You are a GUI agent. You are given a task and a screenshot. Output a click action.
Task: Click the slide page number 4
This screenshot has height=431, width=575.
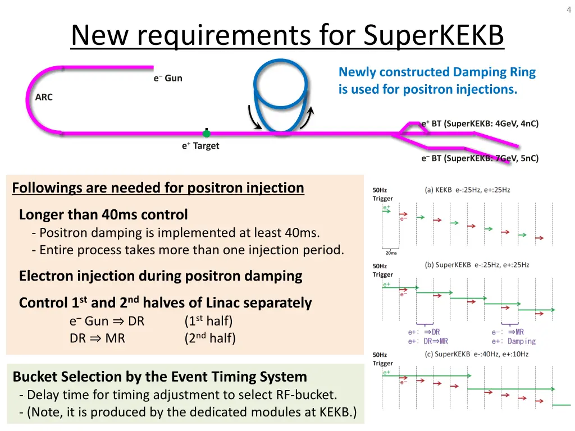[568, 8]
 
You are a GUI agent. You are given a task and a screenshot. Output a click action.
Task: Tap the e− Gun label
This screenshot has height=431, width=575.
[168, 78]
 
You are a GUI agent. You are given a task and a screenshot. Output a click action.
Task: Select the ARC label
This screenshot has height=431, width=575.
[44, 97]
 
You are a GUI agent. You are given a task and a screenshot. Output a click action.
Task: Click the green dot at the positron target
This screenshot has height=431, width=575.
[207, 134]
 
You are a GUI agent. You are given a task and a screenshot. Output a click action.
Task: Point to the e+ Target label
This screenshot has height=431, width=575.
[200, 146]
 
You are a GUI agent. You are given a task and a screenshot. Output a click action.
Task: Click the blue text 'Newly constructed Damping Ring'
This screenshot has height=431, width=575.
[437, 72]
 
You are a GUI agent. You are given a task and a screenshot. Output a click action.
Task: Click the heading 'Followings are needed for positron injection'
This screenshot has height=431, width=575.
[158, 188]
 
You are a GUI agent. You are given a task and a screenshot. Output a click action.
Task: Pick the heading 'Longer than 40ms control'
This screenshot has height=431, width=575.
[103, 215]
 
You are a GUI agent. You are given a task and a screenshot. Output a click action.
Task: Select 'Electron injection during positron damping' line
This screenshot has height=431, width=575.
[161, 276]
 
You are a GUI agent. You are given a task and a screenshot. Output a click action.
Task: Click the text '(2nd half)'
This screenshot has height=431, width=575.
[210, 338]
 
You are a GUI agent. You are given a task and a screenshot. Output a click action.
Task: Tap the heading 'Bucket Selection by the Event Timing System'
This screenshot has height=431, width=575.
[160, 377]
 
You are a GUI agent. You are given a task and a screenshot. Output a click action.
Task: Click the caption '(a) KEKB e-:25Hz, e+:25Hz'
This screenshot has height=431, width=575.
[467, 190]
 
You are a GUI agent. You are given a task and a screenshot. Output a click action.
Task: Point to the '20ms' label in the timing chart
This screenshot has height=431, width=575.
[391, 253]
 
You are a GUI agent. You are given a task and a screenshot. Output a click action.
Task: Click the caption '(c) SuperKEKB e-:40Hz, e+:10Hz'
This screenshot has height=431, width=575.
[476, 354]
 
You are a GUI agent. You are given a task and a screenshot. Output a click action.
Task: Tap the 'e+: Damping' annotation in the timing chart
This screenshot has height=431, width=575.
[514, 341]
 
